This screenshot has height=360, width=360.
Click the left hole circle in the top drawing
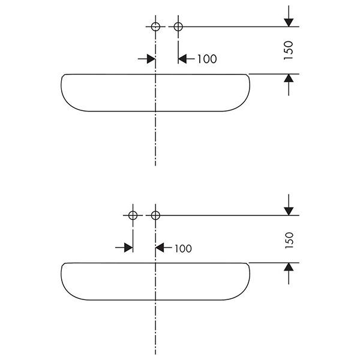(155, 26)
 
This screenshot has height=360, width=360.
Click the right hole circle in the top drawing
(178, 26)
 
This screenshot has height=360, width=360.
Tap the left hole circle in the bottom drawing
(133, 215)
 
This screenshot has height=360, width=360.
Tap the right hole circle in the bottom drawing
(155, 215)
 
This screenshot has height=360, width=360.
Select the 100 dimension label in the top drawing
(207, 59)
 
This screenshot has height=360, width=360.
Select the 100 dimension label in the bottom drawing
(183, 248)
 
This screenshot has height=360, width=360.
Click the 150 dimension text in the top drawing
(289, 50)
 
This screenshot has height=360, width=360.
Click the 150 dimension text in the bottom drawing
(289, 240)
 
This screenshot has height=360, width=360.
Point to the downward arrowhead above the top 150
(289, 23)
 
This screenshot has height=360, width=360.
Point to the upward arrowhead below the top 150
(289, 78)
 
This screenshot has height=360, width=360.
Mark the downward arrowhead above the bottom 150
(289, 211)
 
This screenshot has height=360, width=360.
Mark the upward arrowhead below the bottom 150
(289, 267)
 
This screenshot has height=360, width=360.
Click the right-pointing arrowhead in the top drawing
(151, 59)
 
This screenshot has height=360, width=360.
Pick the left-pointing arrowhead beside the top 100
(182, 59)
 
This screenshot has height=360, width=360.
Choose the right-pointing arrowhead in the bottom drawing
(128, 247)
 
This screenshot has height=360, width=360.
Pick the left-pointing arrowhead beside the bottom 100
(160, 247)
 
